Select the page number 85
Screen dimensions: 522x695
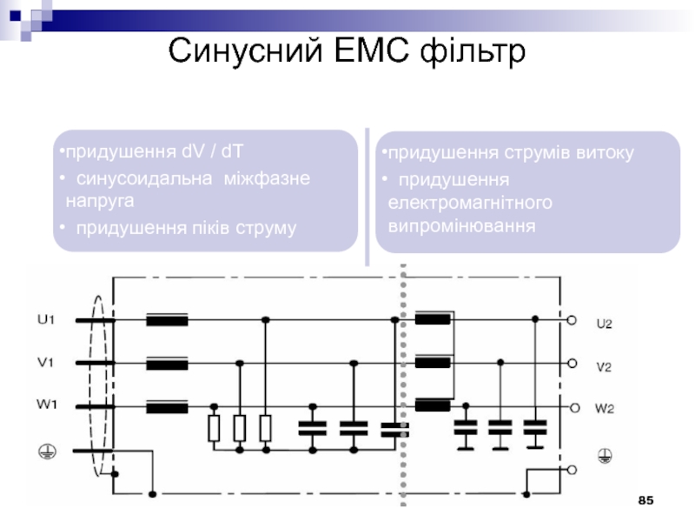[x=645, y=501]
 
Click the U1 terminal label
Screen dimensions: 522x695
[x=46, y=319]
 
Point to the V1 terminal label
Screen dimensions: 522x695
[x=46, y=362]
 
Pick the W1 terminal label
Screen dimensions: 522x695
[x=47, y=405]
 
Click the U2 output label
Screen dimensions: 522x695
[x=604, y=324]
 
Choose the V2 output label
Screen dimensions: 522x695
[x=604, y=366]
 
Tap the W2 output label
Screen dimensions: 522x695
[x=605, y=408]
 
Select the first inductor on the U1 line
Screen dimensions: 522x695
[x=168, y=320]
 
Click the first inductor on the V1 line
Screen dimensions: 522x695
[x=168, y=363]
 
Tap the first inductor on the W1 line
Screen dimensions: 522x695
[x=168, y=405]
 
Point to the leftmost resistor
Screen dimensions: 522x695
[x=214, y=428]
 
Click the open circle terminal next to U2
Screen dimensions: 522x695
[x=572, y=320]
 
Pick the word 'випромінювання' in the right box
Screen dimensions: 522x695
[x=460, y=225]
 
